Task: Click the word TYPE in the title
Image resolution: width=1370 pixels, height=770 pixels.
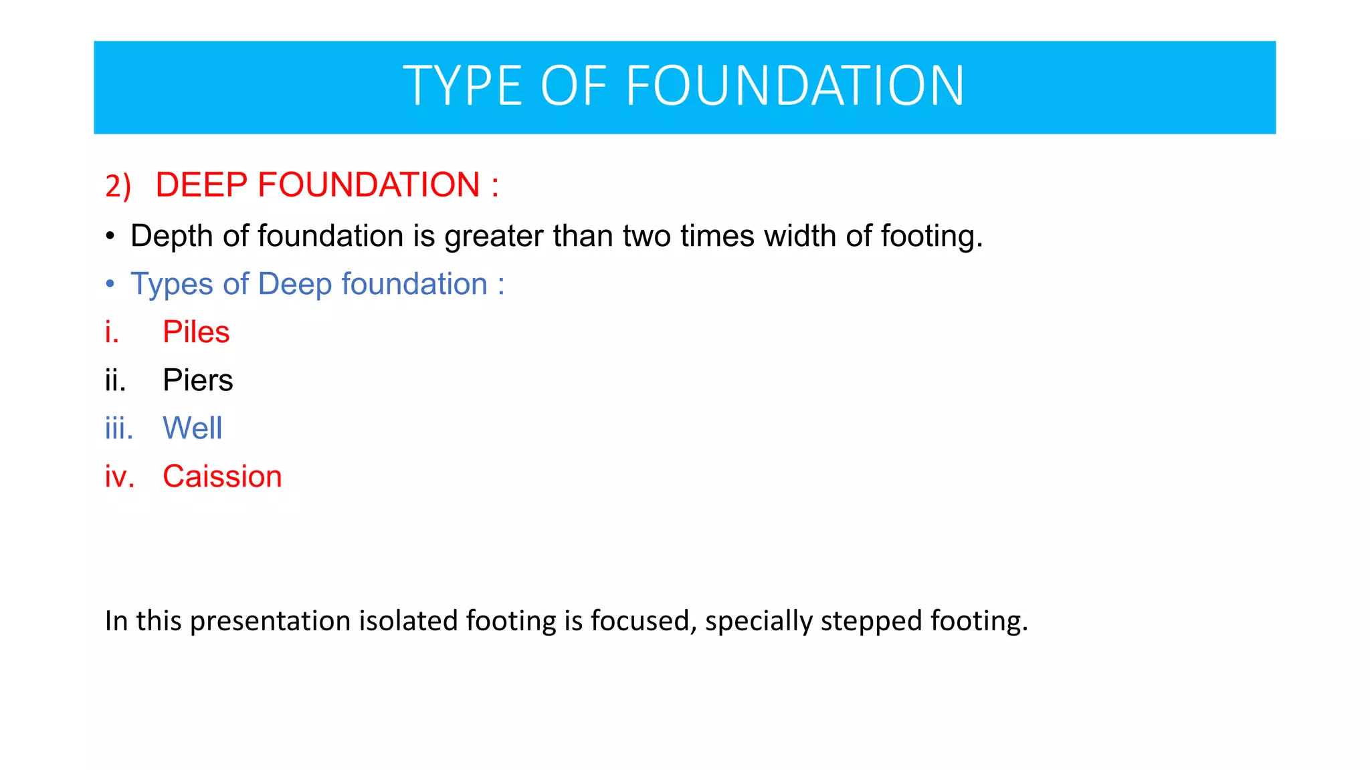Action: click(462, 86)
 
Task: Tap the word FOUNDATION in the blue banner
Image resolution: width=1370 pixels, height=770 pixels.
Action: click(795, 86)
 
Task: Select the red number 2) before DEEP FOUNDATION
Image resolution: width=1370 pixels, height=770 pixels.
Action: click(118, 186)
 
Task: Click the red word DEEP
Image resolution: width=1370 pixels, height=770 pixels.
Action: click(202, 185)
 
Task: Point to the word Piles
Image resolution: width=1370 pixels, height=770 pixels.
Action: click(196, 332)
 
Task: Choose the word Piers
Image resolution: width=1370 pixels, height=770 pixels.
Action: click(197, 380)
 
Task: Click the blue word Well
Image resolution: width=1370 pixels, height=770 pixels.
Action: click(192, 428)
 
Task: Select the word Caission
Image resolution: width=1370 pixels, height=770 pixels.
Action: click(222, 477)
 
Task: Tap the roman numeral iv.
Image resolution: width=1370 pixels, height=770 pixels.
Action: click(119, 477)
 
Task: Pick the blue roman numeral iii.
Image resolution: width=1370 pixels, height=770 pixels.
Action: click(118, 428)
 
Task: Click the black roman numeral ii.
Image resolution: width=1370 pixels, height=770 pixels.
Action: click(115, 380)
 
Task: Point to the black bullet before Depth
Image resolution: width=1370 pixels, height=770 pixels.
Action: click(110, 237)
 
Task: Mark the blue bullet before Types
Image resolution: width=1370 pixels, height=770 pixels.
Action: click(110, 285)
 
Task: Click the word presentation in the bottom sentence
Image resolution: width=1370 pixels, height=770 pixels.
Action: click(271, 622)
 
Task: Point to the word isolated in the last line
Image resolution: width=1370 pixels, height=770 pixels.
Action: click(408, 621)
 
